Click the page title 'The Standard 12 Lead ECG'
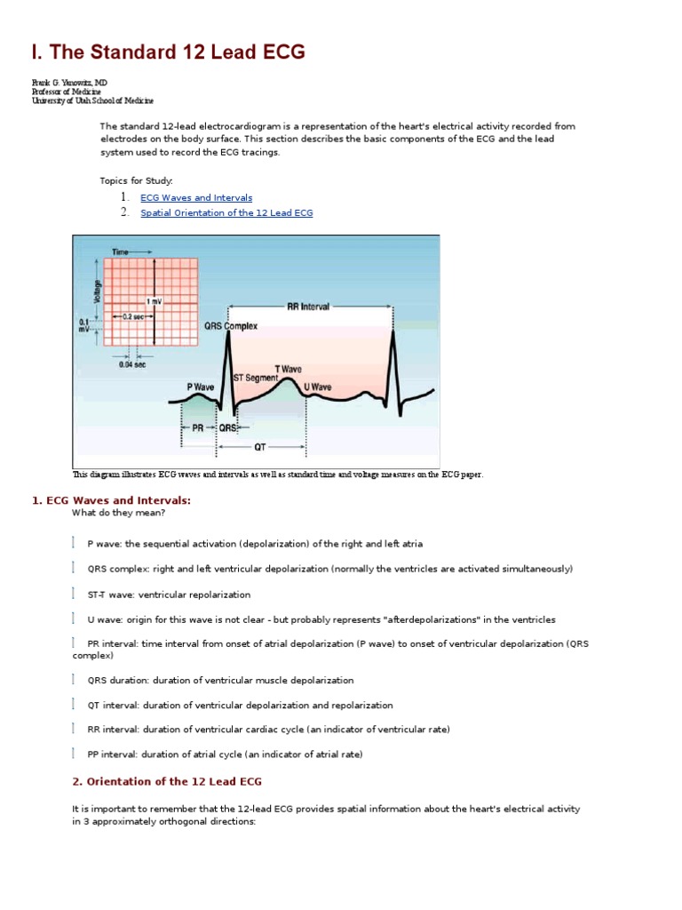(169, 52)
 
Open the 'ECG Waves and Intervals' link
(196, 197)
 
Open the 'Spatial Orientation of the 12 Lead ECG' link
(226, 213)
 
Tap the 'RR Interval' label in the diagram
(307, 307)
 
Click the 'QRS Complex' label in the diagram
(231, 326)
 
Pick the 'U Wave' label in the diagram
(317, 387)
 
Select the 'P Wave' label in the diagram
(200, 387)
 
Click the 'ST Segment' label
(255, 378)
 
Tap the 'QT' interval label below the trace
(259, 448)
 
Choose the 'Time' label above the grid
(120, 252)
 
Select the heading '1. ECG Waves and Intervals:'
(111, 500)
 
